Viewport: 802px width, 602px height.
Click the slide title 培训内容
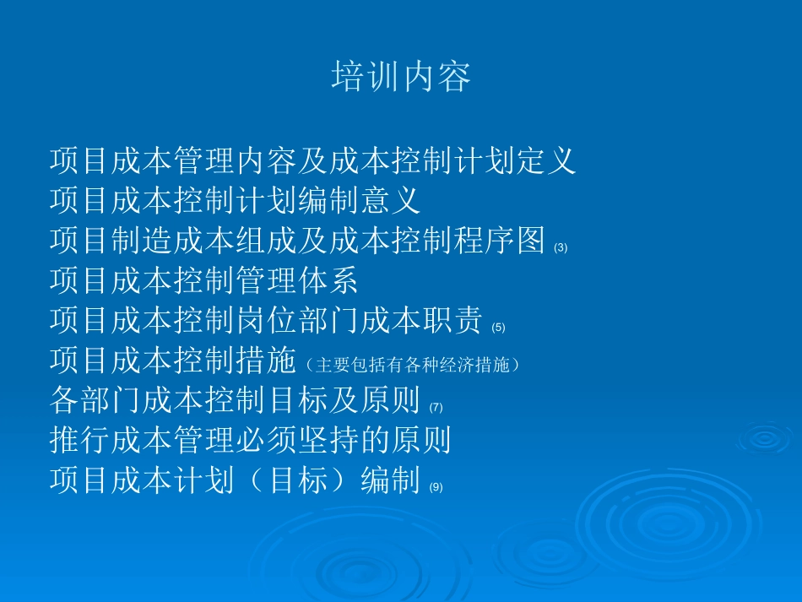point(401,77)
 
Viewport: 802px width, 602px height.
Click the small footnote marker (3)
point(561,248)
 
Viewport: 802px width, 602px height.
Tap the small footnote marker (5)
point(498,328)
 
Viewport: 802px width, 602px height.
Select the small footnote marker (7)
point(436,407)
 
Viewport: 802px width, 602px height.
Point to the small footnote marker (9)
point(436,487)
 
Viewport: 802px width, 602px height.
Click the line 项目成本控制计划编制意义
point(235,200)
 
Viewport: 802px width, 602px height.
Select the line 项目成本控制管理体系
point(203,279)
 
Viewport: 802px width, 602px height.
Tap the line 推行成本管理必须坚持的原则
point(250,439)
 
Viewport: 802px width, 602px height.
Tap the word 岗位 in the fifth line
point(265,320)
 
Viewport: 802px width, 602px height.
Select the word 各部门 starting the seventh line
point(95,399)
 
